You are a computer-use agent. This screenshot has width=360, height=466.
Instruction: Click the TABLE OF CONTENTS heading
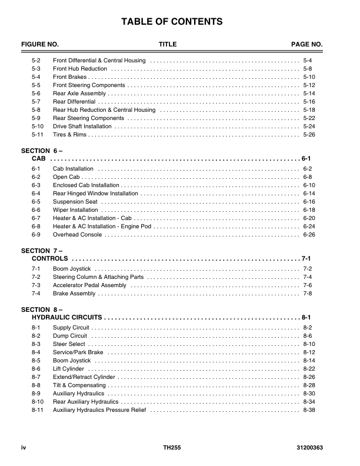pyautogui.click(x=172, y=22)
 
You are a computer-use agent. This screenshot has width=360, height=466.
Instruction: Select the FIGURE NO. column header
pyautogui.click(x=40, y=45)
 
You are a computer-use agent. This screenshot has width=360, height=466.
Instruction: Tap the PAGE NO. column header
pyautogui.click(x=307, y=45)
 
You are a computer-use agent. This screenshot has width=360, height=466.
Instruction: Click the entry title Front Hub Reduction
pyautogui.click(x=80, y=69)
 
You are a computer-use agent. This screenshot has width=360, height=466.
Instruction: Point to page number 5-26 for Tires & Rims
pyautogui.click(x=309, y=135)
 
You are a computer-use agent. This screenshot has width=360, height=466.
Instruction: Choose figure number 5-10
pyautogui.click(x=38, y=127)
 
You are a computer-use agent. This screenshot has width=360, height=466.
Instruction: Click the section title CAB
pyautogui.click(x=39, y=159)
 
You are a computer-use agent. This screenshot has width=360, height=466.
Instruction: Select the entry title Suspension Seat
pyautogui.click(x=75, y=202)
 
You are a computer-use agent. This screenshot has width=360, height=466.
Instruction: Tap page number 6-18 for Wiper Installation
pyautogui.click(x=309, y=210)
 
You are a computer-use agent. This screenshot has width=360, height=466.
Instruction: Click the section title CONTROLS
pyautogui.click(x=49, y=259)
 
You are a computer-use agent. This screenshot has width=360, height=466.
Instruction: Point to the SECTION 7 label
pyautogui.click(x=42, y=251)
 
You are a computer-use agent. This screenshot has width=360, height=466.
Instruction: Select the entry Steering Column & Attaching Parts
pyautogui.click(x=98, y=277)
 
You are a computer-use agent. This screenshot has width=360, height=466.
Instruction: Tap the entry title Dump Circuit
pyautogui.click(x=70, y=335)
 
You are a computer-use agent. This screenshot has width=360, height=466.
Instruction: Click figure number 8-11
pyautogui.click(x=38, y=410)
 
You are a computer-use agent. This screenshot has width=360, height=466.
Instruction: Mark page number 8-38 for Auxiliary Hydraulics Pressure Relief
pyautogui.click(x=309, y=410)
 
